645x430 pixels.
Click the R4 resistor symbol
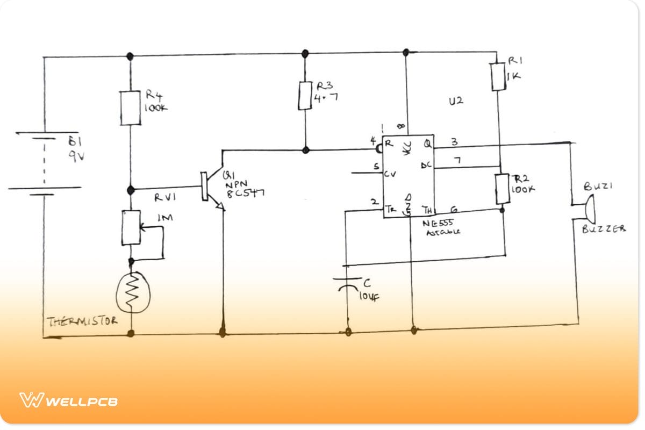[130, 108]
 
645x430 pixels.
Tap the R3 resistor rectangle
[305, 96]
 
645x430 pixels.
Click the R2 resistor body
[502, 189]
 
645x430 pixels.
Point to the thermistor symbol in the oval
[133, 292]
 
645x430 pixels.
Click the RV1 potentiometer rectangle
[131, 228]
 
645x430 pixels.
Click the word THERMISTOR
[82, 321]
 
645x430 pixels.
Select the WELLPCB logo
[69, 400]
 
